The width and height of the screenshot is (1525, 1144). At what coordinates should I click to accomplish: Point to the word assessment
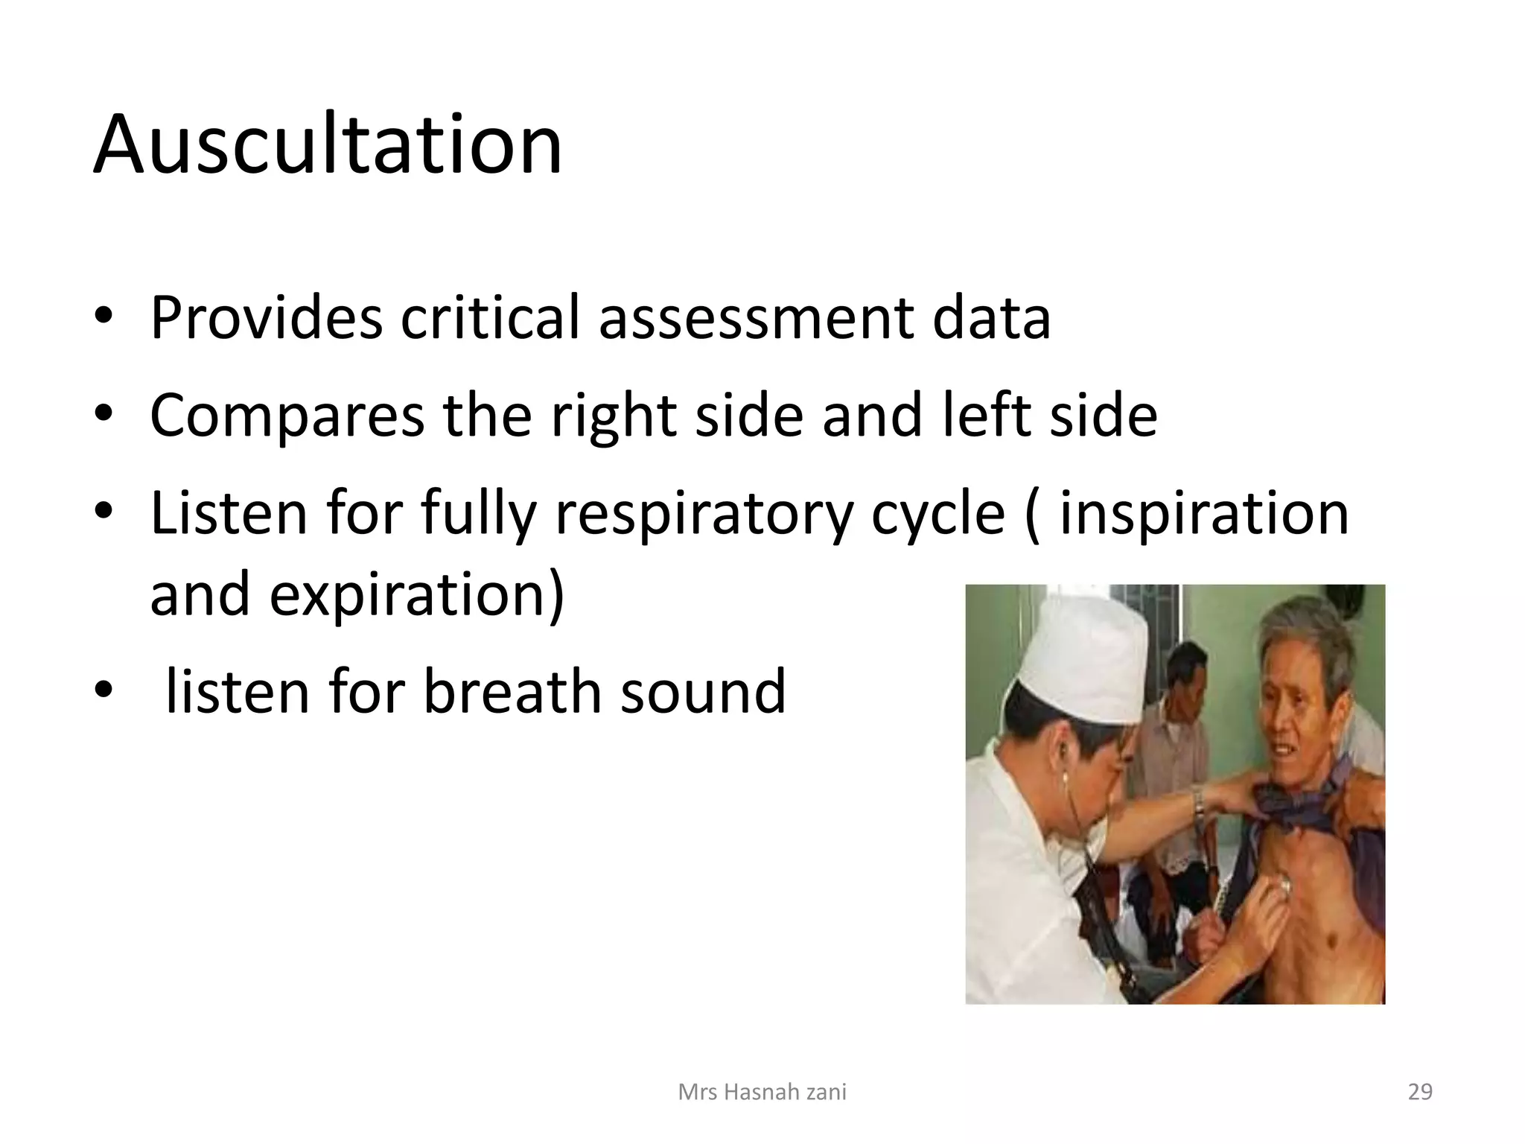tap(756, 318)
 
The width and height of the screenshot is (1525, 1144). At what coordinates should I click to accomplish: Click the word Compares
tap(287, 416)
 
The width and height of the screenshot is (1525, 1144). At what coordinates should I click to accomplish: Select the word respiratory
tap(704, 514)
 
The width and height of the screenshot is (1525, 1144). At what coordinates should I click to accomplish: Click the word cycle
tap(937, 514)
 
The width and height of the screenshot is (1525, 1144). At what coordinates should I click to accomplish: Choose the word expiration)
tap(417, 596)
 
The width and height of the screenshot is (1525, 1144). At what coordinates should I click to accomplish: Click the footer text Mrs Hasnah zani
tap(762, 1092)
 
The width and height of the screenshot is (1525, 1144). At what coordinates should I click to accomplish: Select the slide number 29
tap(1420, 1092)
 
